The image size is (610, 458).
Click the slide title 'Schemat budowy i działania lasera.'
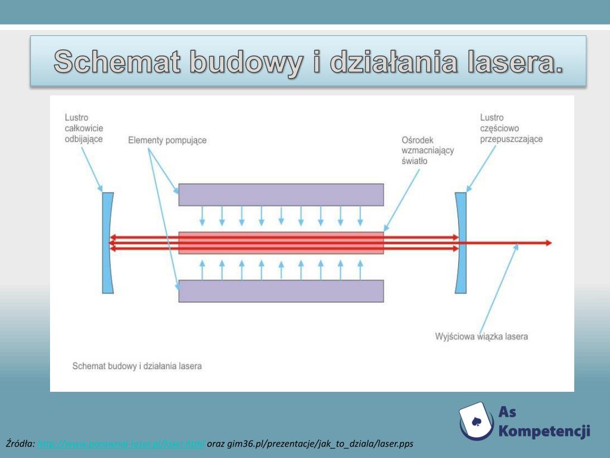tap(309, 61)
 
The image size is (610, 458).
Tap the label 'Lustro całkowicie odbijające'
tap(83, 128)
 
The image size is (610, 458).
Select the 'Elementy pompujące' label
tap(167, 140)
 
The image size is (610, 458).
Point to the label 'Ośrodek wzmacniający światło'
tap(428, 150)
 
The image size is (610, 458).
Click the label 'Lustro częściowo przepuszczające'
tap(511, 128)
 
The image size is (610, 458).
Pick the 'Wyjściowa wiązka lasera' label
tap(481, 336)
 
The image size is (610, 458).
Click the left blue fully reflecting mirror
tap(107, 243)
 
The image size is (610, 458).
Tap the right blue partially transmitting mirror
tap(461, 243)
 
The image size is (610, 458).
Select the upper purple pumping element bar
tap(281, 194)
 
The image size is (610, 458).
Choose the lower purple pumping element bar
tap(281, 291)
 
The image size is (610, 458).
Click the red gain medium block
tap(281, 243)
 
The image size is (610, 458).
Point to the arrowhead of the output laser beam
tap(547, 243)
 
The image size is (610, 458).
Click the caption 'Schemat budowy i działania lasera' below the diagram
tap(136, 366)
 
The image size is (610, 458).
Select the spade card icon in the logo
tap(477, 422)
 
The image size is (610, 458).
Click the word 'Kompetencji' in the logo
tap(544, 431)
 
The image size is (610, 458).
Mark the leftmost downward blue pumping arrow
tap(202, 215)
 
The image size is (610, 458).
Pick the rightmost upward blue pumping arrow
tap(359, 270)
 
